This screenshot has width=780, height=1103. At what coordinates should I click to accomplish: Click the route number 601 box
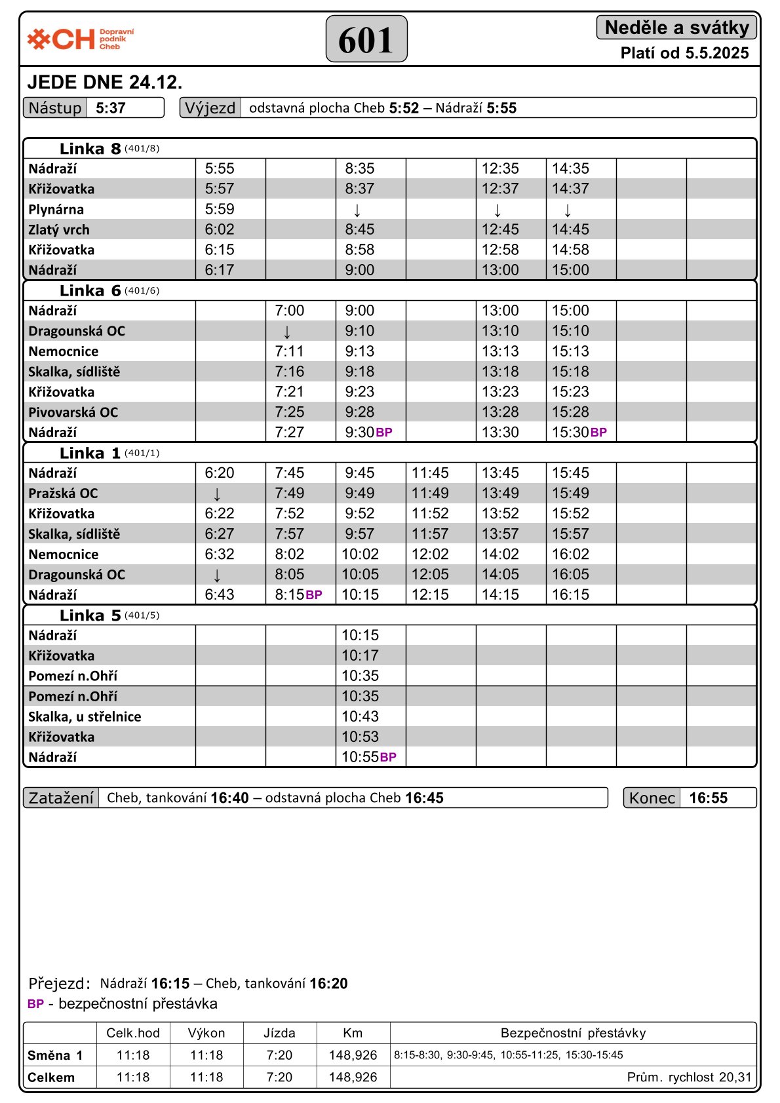(x=366, y=39)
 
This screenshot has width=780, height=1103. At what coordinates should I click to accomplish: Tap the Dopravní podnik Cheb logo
(x=80, y=39)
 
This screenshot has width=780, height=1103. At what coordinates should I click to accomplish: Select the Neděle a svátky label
(x=676, y=28)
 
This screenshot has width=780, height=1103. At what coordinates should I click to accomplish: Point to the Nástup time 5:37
(x=111, y=108)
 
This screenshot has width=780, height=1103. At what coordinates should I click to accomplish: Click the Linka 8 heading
(x=90, y=149)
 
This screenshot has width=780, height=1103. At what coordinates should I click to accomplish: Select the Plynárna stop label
(x=56, y=210)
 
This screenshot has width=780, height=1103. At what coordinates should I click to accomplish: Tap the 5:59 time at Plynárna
(x=220, y=209)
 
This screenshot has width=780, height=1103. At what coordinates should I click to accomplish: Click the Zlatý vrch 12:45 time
(x=500, y=229)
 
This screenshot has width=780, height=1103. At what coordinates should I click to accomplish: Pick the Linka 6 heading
(x=90, y=291)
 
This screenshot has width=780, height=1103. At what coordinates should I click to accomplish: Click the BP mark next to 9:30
(x=384, y=433)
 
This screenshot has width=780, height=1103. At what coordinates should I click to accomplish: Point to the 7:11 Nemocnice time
(x=290, y=351)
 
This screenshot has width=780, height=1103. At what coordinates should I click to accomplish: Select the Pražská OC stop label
(x=63, y=493)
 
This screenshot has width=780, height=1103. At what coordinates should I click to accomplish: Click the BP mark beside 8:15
(x=314, y=595)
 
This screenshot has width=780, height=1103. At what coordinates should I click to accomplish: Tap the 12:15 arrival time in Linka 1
(x=430, y=594)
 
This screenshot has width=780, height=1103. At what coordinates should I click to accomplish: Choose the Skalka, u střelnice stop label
(x=85, y=717)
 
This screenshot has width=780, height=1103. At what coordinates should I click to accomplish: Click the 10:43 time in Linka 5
(x=360, y=716)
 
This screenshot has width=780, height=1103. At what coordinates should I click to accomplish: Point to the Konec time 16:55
(x=709, y=798)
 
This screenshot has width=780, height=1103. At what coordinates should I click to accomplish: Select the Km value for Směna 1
(x=353, y=1055)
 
